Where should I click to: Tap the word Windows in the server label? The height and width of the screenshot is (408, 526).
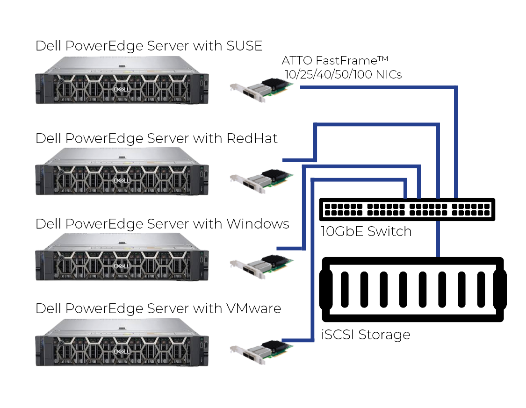[258, 223]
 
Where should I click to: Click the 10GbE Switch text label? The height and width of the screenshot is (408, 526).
[366, 231]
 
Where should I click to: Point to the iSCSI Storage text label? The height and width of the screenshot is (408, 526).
[366, 335]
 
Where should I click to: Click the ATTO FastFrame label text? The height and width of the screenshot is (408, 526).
[335, 61]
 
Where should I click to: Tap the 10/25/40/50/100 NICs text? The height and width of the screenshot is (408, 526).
[343, 74]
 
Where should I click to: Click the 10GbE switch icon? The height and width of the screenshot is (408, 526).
[407, 209]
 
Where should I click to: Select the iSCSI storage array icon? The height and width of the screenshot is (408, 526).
[411, 289]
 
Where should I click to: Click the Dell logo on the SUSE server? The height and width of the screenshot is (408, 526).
[121, 88]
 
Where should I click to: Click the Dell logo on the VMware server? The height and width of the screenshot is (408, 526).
[121, 351]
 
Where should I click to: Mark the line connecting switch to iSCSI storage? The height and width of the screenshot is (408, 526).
[438, 238]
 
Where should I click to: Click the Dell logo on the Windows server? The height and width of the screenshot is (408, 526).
[121, 265]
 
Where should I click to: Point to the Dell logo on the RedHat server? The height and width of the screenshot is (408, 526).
[121, 180]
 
